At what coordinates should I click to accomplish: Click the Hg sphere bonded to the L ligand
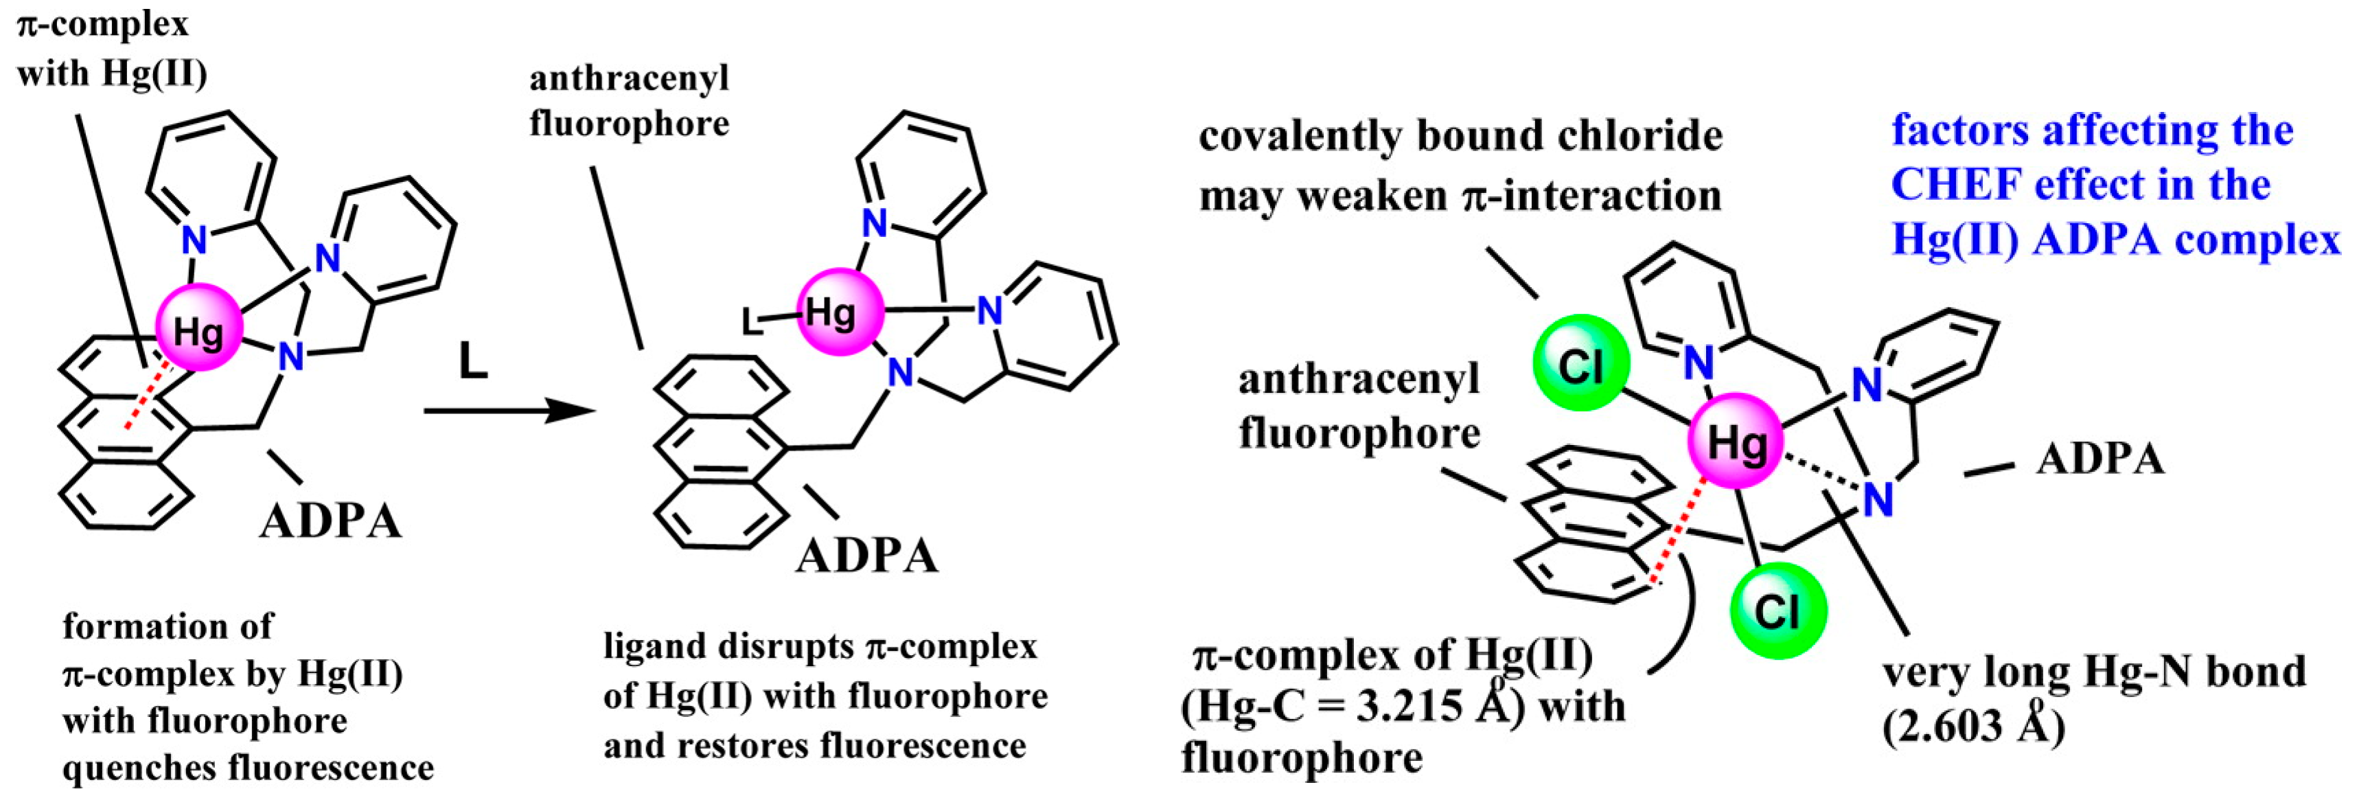840,312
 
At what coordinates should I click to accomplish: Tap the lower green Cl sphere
1777,611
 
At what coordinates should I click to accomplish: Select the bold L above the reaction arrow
472,363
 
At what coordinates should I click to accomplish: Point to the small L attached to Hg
751,321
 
